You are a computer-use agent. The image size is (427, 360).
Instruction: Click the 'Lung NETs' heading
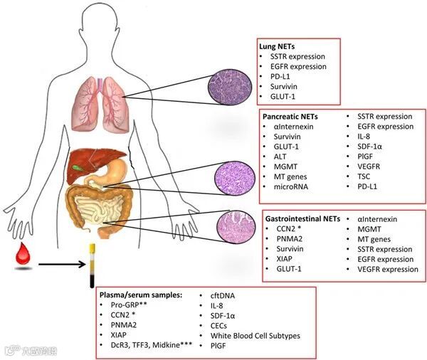tap(277, 45)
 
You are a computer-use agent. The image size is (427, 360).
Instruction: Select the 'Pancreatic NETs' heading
tap(288, 115)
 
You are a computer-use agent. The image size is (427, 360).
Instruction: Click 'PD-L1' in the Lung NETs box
tap(280, 76)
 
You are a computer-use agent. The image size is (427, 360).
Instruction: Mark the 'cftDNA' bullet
tap(224, 295)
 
